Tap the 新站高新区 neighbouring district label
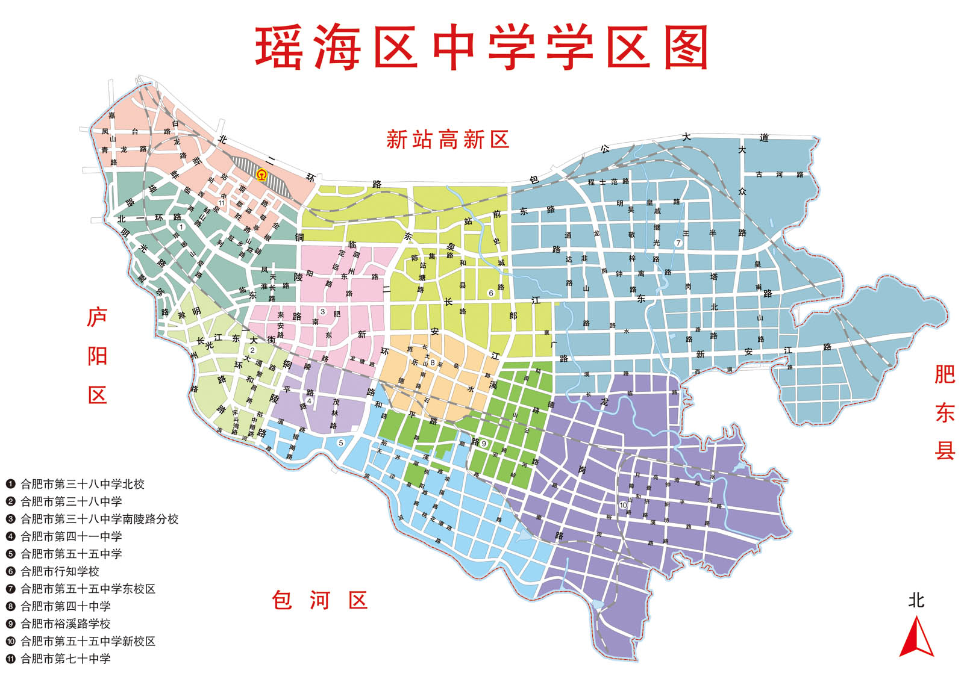[448, 140]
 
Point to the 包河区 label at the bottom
[319, 600]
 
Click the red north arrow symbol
[916, 638]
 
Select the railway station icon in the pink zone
[261, 175]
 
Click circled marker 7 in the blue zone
[678, 243]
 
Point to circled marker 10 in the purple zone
[623, 505]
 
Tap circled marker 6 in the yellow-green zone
[491, 293]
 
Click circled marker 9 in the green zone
[484, 444]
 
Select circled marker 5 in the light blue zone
[340, 443]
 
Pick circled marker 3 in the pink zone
[323, 312]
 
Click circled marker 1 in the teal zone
[181, 227]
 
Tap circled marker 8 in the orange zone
[433, 362]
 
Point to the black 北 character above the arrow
[916, 600]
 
